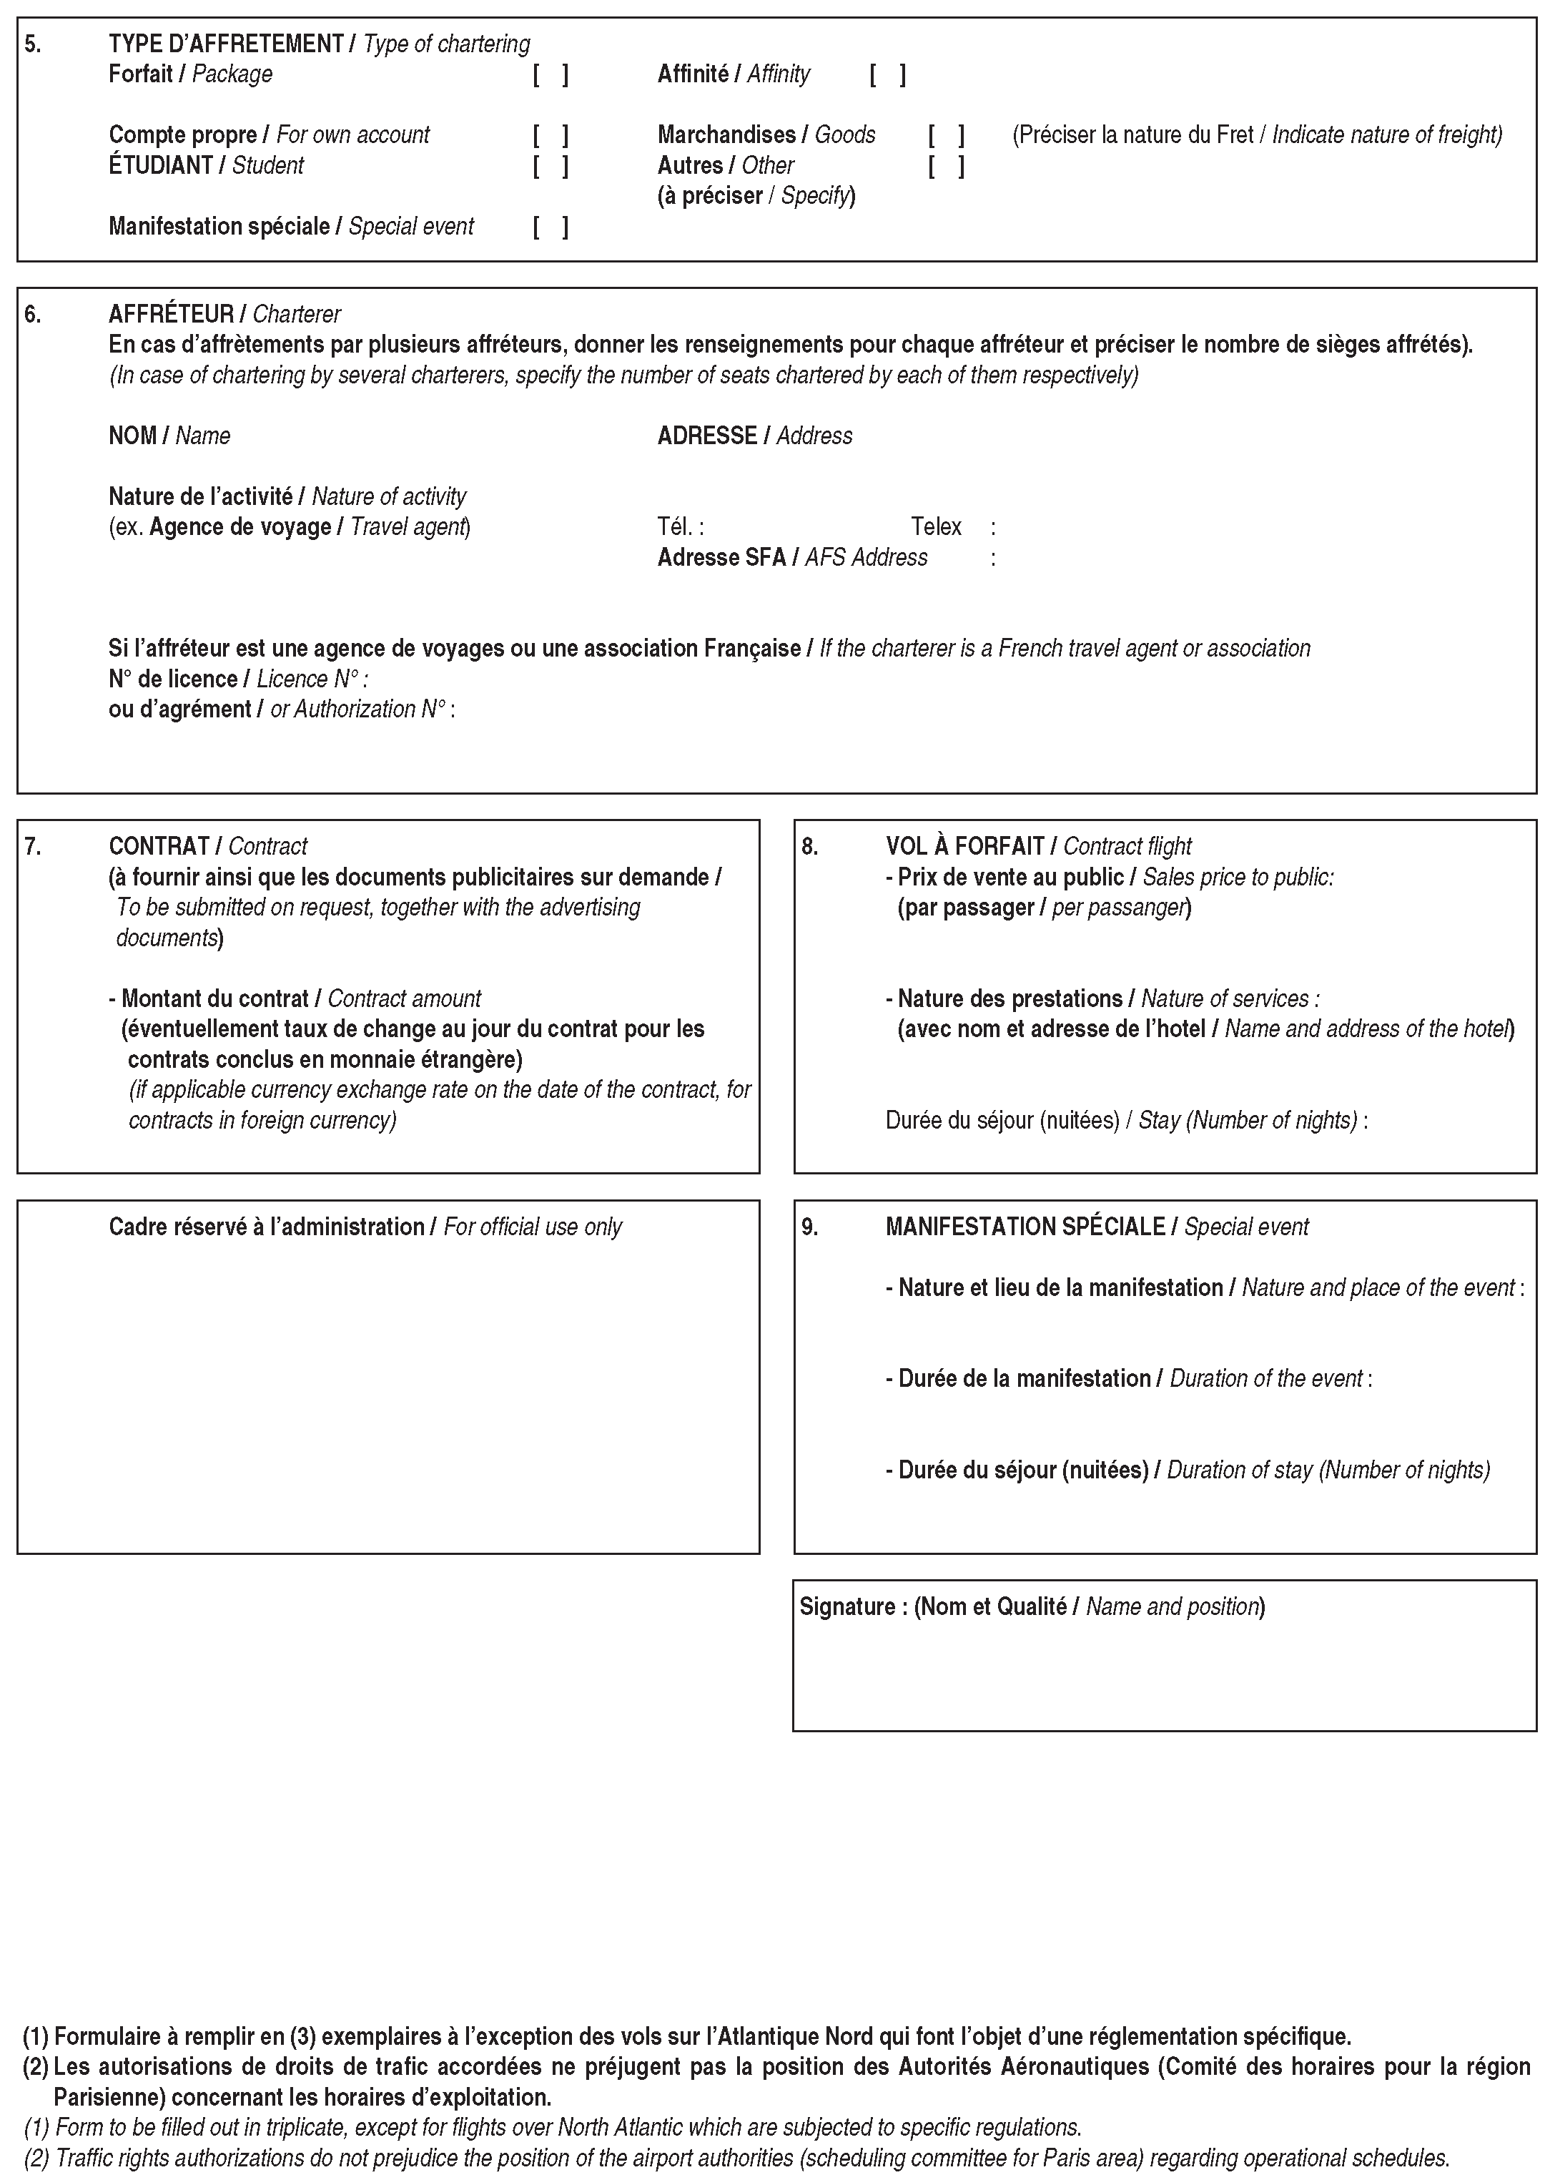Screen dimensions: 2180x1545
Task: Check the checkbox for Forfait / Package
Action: pos(551,74)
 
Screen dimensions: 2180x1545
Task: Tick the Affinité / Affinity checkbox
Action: pos(888,74)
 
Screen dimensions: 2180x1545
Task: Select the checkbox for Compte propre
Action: pos(551,135)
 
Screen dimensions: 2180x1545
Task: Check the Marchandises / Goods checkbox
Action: pos(947,135)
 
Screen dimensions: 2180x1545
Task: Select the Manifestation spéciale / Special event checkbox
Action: pos(551,227)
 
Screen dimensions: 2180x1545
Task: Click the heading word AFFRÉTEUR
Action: pos(172,314)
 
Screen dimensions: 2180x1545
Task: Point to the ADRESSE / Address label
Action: pos(754,436)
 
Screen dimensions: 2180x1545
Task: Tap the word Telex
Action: pos(936,527)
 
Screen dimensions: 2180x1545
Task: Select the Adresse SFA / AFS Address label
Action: pos(791,558)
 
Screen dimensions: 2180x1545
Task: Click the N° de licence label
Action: pos(173,679)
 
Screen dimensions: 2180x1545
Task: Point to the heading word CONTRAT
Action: pos(159,847)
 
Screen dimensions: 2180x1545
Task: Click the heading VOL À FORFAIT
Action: pos(964,847)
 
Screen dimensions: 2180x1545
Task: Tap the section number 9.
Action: pos(809,1227)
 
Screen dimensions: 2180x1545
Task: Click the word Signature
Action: pos(846,1608)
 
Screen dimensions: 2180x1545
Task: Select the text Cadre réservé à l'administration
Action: pos(267,1227)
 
